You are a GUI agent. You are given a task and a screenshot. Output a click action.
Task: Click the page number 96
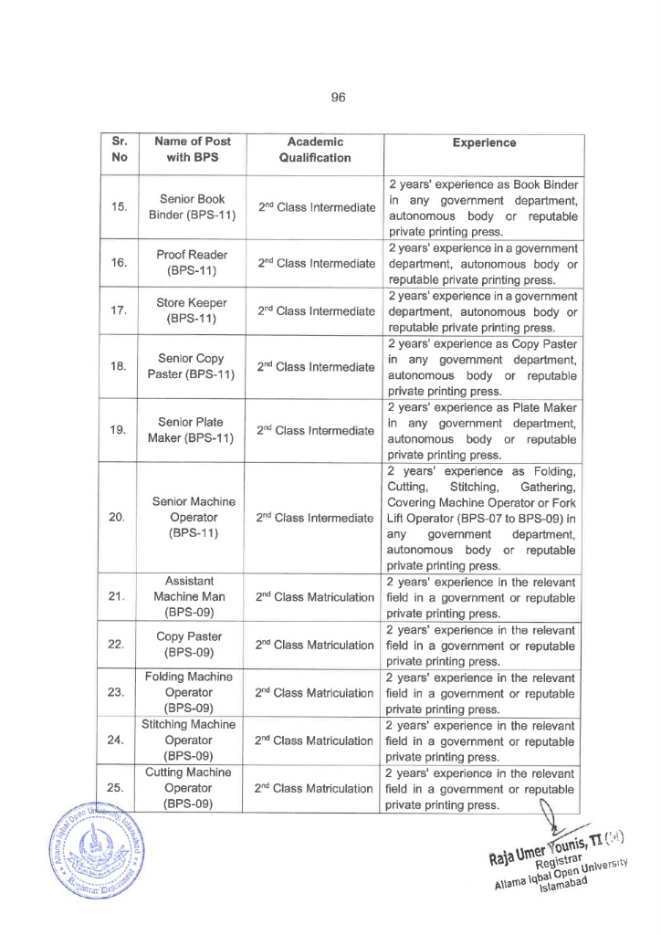tap(338, 97)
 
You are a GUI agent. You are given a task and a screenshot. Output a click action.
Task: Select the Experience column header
tap(484, 143)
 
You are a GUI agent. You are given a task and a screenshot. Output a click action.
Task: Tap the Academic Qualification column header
tap(314, 150)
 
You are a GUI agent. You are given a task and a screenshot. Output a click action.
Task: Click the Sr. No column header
tap(118, 150)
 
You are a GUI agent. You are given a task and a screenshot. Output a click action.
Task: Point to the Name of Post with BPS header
tap(192, 150)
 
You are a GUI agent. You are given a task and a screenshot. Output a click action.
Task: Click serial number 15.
tap(118, 207)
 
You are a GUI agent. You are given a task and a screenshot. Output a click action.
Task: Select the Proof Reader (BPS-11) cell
tap(192, 263)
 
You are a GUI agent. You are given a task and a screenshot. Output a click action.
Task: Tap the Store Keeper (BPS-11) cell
tap(192, 310)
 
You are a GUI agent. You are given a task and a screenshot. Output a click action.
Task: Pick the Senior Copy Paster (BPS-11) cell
tap(192, 366)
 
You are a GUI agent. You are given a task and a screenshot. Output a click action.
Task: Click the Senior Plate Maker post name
tap(192, 430)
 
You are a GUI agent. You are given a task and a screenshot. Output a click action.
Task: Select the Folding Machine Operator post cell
tap(192, 692)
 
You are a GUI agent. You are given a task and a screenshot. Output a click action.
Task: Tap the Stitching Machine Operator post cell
tap(192, 740)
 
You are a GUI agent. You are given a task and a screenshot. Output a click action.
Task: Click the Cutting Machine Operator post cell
tap(192, 787)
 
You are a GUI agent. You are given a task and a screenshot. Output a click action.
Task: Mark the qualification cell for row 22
tap(314, 645)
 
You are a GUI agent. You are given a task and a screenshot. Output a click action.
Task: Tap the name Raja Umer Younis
tap(542, 850)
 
